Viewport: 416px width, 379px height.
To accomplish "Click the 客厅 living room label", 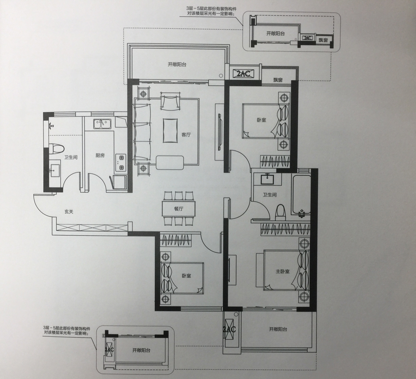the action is (x=186, y=135).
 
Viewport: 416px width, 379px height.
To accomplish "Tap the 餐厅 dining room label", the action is (x=178, y=209).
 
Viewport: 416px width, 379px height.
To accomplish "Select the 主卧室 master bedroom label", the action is (x=282, y=272).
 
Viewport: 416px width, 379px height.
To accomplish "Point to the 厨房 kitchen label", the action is (x=100, y=156).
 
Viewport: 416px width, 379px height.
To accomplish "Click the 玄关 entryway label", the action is (x=69, y=212).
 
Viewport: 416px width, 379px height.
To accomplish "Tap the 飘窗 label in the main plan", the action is (x=278, y=80).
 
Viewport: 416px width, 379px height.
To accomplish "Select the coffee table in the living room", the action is (x=170, y=130).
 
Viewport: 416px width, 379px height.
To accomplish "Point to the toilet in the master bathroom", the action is (x=280, y=212).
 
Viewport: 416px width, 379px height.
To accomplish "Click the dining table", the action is (x=178, y=209).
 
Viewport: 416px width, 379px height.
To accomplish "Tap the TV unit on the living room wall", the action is (x=220, y=132).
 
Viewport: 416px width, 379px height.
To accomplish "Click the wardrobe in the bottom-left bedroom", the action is (x=177, y=241).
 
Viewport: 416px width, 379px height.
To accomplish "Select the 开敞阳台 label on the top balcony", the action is (x=177, y=64).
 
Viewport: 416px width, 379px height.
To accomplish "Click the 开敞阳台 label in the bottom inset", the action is (x=141, y=350).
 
